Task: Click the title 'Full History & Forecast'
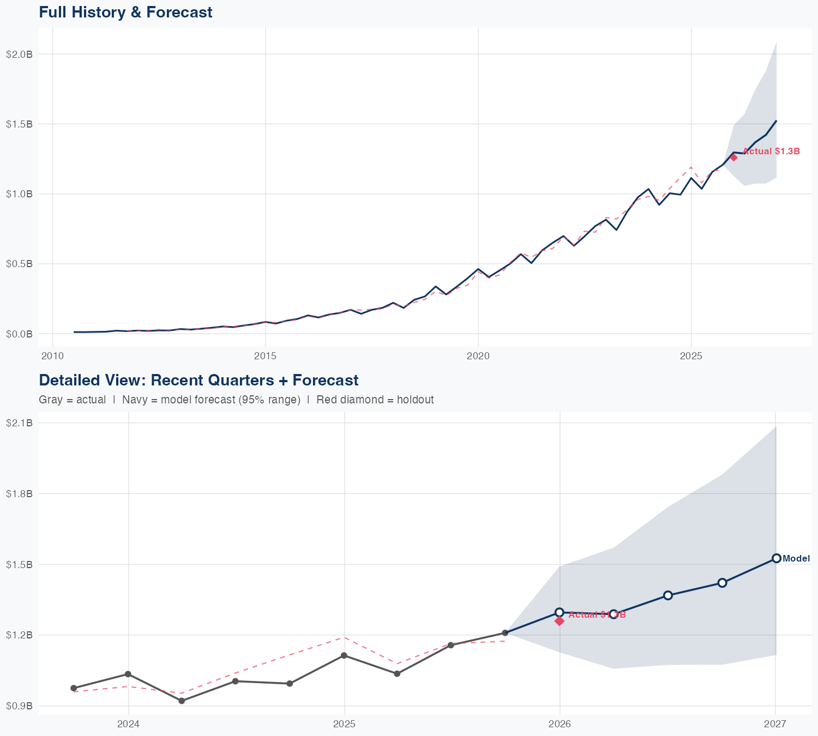125,12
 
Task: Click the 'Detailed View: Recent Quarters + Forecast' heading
199,380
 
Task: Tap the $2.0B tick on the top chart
19,54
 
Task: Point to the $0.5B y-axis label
19,264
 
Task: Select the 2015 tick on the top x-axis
266,356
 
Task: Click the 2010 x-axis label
52,356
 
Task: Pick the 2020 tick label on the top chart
478,356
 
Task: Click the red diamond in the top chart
733,158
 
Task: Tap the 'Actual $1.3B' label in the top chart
771,151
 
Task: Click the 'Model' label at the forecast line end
796,558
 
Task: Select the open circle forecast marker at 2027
776,558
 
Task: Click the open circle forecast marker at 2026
559,612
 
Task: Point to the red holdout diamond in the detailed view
559,621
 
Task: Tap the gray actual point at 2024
128,674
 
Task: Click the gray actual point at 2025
344,655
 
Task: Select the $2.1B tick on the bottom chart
19,423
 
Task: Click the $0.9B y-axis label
19,706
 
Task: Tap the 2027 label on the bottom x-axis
775,724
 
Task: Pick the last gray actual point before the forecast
505,633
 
